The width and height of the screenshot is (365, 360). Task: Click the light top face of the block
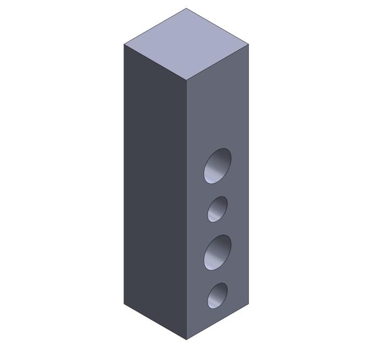point(186,44)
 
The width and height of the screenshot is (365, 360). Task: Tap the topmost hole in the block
point(217,166)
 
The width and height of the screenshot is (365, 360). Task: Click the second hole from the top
point(217,209)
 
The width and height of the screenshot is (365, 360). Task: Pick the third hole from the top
point(217,253)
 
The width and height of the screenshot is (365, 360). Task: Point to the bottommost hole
point(217,295)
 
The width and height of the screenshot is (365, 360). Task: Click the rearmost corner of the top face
point(186,8)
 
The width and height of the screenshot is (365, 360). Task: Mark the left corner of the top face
point(124,44)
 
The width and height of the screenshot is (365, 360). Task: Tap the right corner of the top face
point(249,44)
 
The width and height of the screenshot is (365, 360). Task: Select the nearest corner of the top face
point(186,80)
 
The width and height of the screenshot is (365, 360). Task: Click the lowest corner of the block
point(186,340)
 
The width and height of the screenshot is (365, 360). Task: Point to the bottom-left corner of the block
point(124,304)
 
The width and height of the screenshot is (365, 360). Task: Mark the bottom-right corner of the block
point(249,304)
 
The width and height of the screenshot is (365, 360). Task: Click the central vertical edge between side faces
point(186,209)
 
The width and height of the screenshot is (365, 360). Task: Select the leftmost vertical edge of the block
point(124,172)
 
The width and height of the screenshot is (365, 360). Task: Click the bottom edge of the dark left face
point(155,321)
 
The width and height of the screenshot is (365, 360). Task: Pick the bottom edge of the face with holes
point(217,321)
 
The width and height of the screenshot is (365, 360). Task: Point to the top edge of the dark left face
point(155,62)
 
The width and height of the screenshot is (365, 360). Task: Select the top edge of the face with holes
point(217,62)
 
